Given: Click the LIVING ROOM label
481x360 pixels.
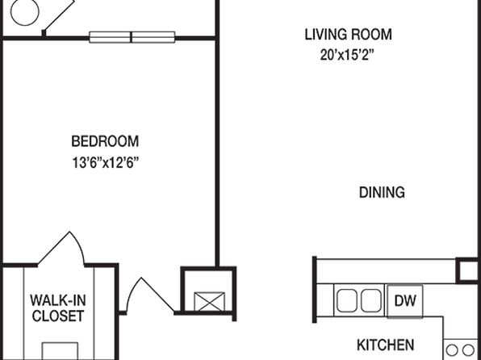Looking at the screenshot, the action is tap(348, 35).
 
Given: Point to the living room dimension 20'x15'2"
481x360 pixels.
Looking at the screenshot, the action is tap(347, 55).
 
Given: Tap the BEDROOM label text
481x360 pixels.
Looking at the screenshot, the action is tap(105, 141).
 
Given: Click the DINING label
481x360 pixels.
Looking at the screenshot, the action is tap(382, 192).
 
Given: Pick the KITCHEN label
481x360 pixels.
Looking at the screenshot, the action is tap(385, 345).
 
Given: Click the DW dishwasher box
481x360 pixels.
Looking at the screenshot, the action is tap(405, 301).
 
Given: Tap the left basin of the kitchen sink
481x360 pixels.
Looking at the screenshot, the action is tap(347, 301).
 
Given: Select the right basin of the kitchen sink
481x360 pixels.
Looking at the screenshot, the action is tap(371, 301).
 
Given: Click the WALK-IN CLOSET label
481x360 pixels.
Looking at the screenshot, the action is tap(58, 308).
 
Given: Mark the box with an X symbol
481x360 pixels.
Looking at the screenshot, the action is tap(210, 302).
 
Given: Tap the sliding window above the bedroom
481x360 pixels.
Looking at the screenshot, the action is tap(132, 37).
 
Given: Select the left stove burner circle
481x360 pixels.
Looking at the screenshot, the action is tap(451, 350).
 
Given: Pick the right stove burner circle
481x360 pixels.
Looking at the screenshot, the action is tap(468, 350).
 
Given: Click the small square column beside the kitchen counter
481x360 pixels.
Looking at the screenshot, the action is tap(468, 270).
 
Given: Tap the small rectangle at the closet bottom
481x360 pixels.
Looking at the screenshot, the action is tap(60, 351).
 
